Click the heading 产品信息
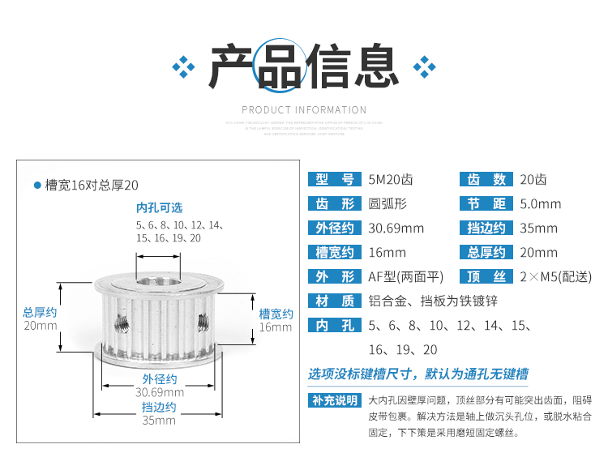(304, 66)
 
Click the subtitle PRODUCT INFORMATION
(304, 110)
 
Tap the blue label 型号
(335, 180)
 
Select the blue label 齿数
(487, 180)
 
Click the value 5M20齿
(390, 180)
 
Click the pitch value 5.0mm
(540, 204)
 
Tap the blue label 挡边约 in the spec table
(487, 229)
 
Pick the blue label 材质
(335, 301)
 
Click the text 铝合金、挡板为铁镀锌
(433, 301)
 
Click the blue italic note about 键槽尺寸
(417, 374)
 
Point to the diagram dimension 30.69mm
(159, 392)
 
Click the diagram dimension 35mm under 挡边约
(159, 420)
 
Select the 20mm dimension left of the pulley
(41, 326)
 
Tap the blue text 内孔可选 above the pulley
(160, 207)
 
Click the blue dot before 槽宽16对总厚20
(37, 186)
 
